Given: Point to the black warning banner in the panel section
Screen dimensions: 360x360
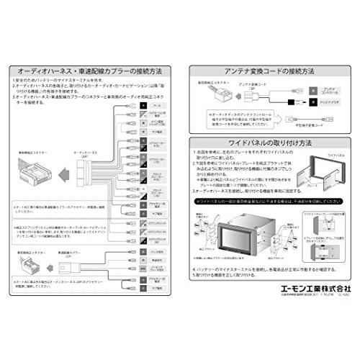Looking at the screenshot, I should coord(270,202).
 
